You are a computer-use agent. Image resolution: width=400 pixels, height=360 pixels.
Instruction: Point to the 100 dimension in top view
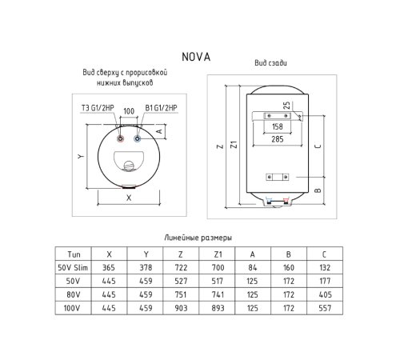129,110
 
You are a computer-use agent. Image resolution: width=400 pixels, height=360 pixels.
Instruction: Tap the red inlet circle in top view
120,139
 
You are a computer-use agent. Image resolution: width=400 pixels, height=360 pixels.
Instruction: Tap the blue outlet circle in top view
138,139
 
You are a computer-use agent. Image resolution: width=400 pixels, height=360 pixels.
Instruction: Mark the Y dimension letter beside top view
80,157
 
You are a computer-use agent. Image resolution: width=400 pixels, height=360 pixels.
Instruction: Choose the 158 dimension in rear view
278,126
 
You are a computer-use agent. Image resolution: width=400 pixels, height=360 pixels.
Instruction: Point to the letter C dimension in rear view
318,146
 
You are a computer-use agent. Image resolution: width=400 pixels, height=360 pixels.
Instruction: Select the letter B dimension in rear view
318,190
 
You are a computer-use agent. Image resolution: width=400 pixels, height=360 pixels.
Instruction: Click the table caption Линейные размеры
197,238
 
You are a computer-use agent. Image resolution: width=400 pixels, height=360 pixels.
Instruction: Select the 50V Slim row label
75,267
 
